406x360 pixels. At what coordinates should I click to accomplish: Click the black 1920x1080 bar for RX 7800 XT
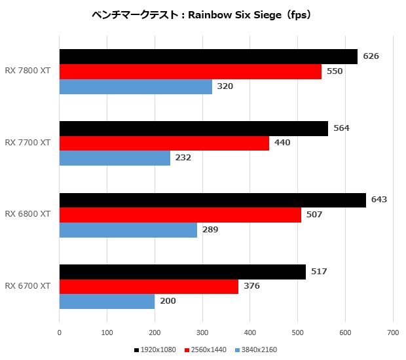pos(208,56)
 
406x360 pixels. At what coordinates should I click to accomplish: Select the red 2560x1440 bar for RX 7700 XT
pos(164,143)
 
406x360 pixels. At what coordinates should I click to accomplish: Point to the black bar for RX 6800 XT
pos(212,200)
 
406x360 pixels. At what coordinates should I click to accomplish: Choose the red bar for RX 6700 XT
pos(149,286)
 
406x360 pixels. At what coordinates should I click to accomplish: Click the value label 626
pos(371,56)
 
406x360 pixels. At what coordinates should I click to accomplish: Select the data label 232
pos(183,158)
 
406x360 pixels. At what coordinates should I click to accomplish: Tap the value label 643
pos(379,200)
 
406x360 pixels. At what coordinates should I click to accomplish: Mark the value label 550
pos(334,71)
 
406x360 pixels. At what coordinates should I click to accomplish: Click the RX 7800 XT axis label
pos(28,71)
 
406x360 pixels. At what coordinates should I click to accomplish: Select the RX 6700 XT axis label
pos(28,286)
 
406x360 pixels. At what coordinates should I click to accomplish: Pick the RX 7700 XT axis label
pos(28,143)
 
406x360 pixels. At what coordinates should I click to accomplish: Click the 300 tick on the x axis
pos(202,332)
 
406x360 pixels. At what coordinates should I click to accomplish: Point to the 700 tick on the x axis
pos(393,332)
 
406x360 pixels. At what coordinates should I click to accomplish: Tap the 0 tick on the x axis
pos(60,332)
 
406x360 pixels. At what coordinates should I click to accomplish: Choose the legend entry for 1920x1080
pos(155,350)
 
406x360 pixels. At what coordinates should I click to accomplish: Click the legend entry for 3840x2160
pos(255,350)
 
